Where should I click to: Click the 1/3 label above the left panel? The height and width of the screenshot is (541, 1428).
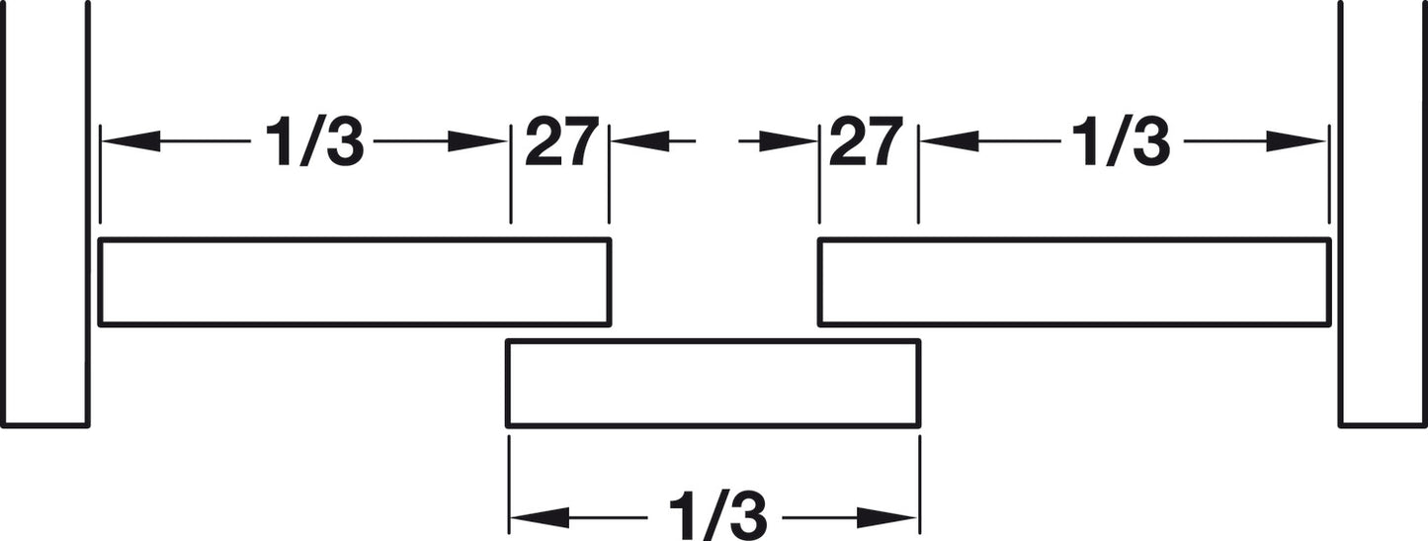[313, 141]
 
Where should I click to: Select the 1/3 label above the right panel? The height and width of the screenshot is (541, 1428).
[1121, 141]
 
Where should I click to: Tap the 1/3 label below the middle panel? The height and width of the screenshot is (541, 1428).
[717, 516]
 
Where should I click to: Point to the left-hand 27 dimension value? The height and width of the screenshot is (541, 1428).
[561, 141]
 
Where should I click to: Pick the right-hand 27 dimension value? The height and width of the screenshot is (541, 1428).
[866, 141]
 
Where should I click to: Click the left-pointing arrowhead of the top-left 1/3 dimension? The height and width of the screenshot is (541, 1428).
[131, 141]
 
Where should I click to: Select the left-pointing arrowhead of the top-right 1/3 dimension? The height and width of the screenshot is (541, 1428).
[950, 141]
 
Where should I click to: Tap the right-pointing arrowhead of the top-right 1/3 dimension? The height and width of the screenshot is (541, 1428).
[1296, 141]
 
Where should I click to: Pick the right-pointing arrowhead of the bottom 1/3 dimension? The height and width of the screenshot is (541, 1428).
[886, 517]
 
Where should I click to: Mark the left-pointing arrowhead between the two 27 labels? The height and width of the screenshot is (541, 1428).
[640, 141]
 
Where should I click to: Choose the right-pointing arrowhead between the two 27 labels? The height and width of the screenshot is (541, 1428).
[788, 141]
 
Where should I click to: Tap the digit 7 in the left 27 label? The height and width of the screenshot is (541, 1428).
[581, 141]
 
